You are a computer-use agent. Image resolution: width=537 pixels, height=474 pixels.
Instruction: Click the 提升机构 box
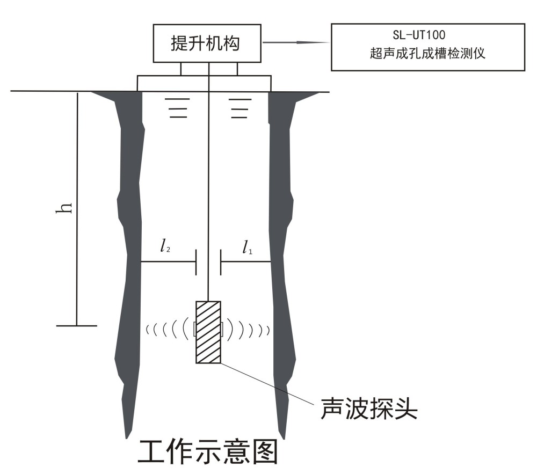point(208,43)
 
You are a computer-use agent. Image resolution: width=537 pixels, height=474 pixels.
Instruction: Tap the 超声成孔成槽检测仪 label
point(427,54)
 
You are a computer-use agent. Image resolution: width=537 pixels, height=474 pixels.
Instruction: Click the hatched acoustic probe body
point(208,332)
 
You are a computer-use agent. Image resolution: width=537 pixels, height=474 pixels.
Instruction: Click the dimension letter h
point(65,208)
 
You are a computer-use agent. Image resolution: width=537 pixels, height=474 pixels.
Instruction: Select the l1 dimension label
point(246,247)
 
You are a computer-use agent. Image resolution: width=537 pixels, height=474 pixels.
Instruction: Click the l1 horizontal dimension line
point(245,262)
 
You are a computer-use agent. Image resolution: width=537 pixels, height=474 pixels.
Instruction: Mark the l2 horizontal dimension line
point(168,262)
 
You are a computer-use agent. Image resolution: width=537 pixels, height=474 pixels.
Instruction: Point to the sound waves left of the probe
point(167,329)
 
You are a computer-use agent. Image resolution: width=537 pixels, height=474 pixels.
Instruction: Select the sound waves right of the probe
point(248,329)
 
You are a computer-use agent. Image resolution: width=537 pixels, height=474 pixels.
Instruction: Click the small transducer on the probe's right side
point(221,329)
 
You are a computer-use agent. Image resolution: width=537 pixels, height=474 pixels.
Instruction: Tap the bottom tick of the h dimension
point(77,325)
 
